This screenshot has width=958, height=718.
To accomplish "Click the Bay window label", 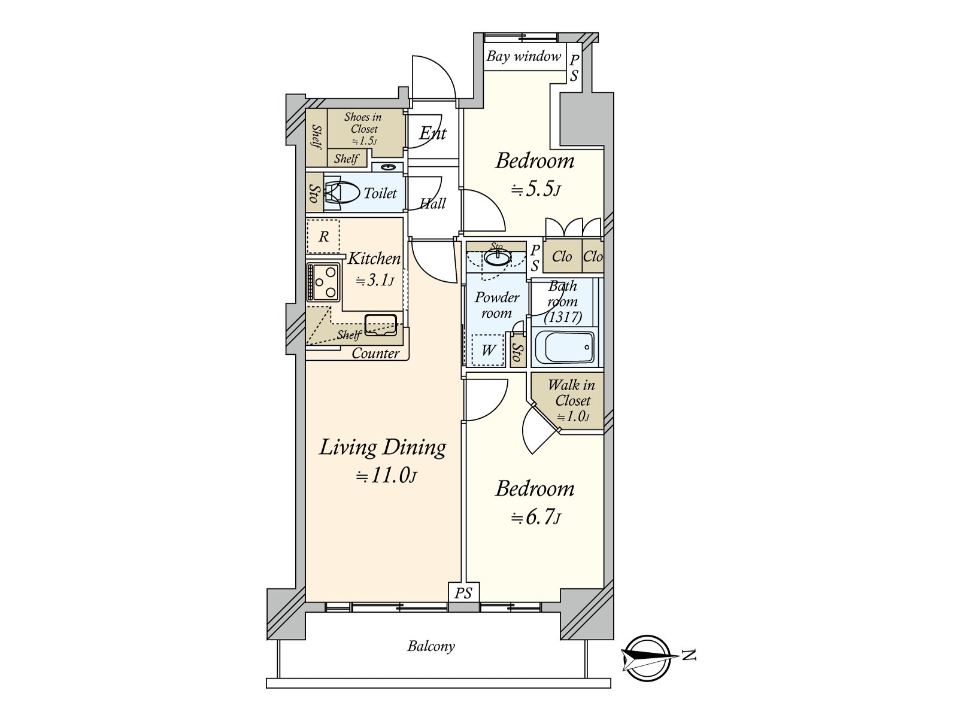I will [x=524, y=57].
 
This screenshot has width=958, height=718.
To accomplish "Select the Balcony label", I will [x=431, y=646].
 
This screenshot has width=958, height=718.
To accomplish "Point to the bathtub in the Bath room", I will [x=564, y=348].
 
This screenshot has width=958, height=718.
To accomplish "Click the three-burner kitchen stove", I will [x=323, y=282].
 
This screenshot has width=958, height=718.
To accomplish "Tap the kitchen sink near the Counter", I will [x=381, y=324].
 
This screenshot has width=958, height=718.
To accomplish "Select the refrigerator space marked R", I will [x=323, y=236].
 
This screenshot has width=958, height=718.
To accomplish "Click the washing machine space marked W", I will [x=489, y=350].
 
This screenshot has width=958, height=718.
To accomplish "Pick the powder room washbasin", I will [x=498, y=258].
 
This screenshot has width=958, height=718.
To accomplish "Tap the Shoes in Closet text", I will [x=363, y=123].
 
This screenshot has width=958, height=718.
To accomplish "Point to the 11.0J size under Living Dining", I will [x=386, y=476].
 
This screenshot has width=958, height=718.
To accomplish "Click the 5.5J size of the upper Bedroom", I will [x=536, y=190].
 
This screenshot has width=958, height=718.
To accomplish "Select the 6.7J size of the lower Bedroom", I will [x=536, y=517].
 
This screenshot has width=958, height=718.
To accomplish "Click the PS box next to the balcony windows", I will [x=463, y=593].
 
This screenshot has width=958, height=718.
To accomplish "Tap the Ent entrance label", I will [x=432, y=133].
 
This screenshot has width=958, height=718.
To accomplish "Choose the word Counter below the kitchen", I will [x=375, y=353].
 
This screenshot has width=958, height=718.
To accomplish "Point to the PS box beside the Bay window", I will [x=574, y=68].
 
